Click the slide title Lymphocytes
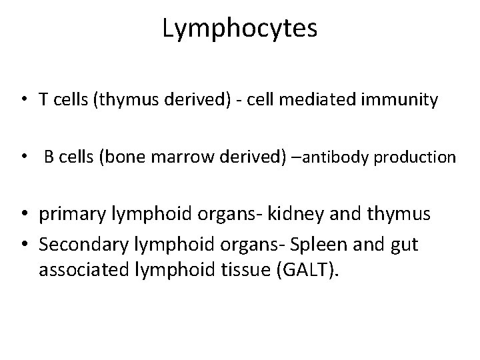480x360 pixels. pos(240,30)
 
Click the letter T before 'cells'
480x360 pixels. pos(42,101)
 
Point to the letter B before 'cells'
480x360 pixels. pos(49,158)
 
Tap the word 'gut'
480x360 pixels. pos(403,245)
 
